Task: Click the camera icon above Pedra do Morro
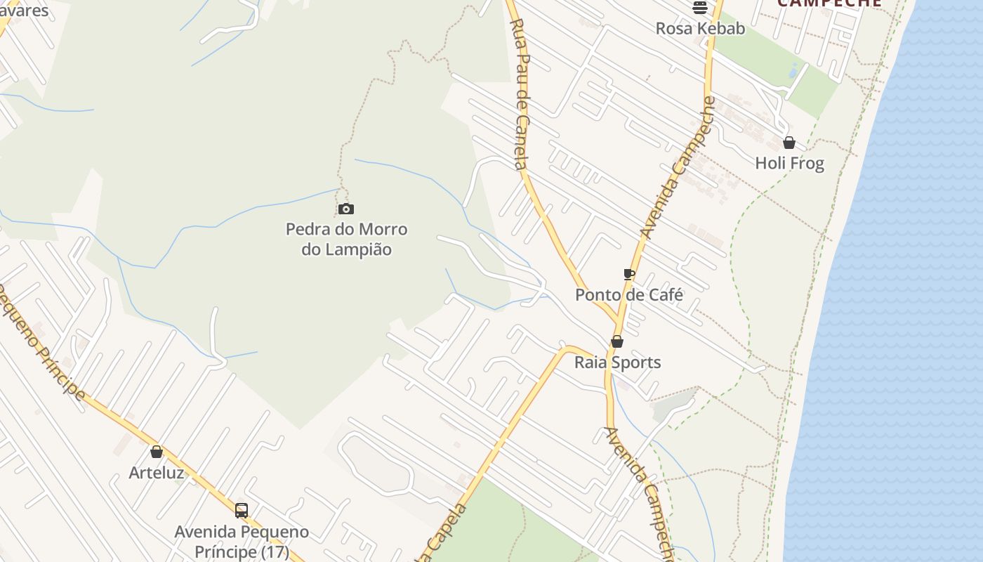[345, 209]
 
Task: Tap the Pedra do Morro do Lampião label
[346, 240]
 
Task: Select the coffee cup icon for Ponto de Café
[629, 274]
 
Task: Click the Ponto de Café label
[629, 294]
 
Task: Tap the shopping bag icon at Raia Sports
[617, 342]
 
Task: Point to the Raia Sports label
[618, 362]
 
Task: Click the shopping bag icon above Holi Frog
[789, 143]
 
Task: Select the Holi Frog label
[789, 163]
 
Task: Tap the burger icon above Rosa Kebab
[699, 8]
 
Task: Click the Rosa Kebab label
[700, 28]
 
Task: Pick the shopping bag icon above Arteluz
[157, 452]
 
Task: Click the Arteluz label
[157, 473]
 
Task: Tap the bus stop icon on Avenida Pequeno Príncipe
[242, 511]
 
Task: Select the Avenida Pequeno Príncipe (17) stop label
[242, 542]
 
